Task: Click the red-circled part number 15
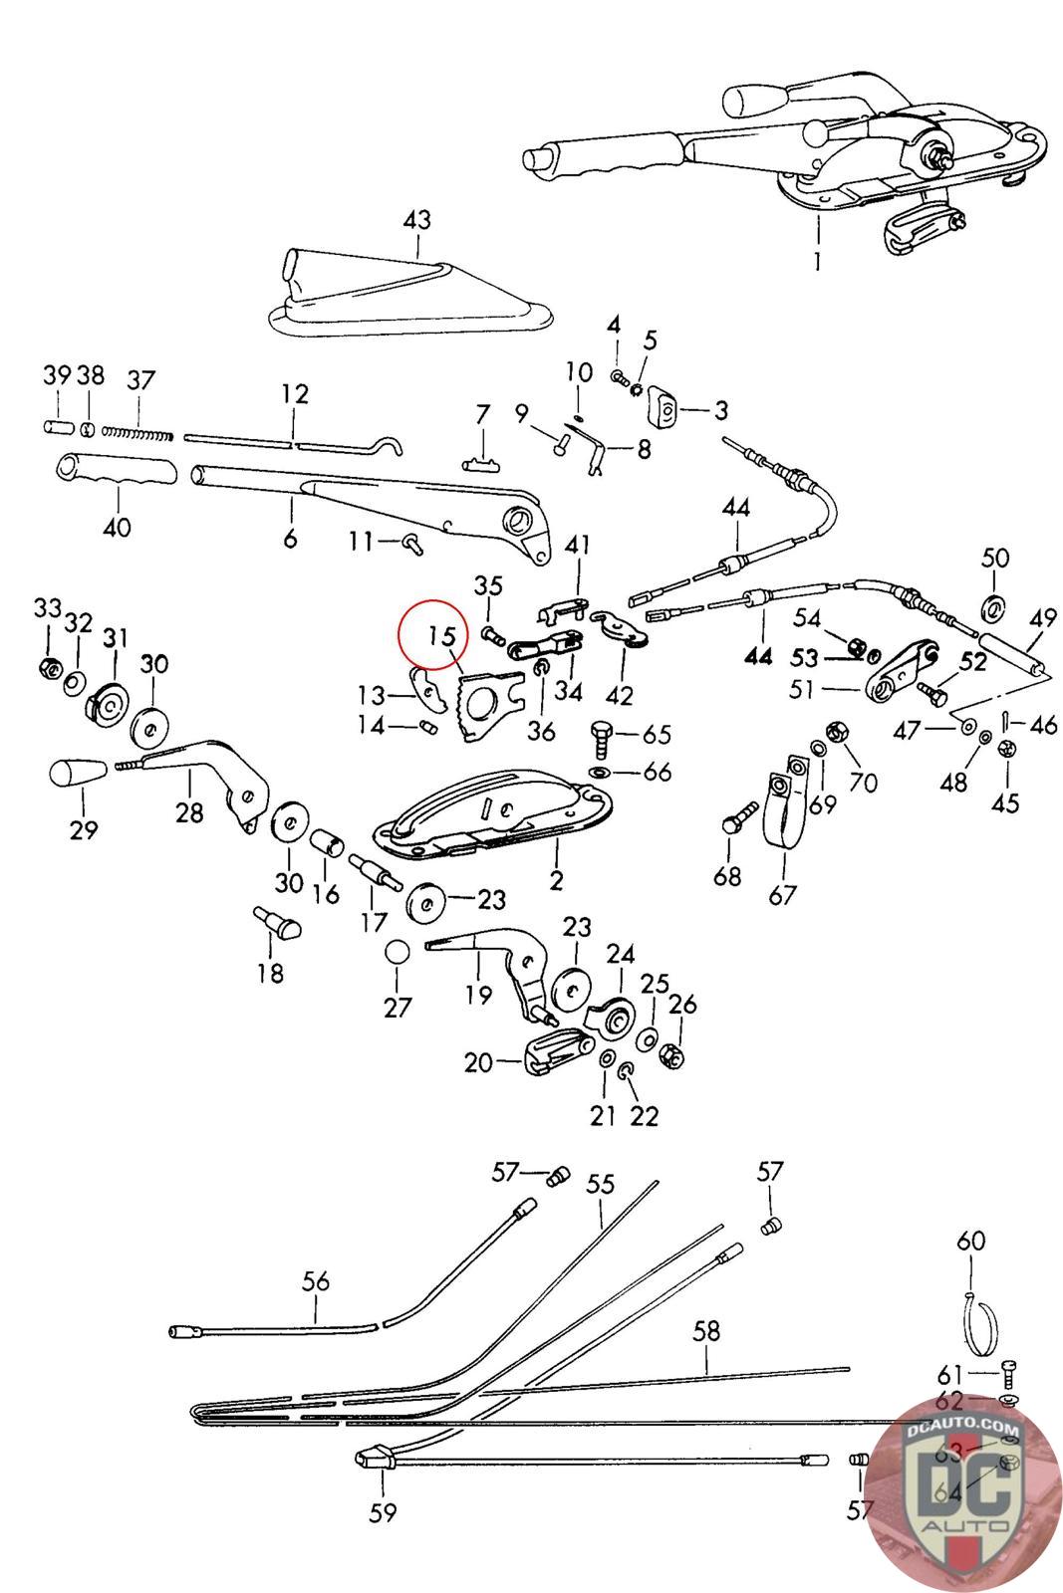[442, 635]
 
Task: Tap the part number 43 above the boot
[416, 219]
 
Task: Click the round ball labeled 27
[398, 952]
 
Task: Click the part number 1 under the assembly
[818, 262]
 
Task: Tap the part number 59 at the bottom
[383, 1512]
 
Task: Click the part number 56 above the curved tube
[316, 1281]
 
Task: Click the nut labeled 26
[672, 1051]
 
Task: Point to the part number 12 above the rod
[295, 393]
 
